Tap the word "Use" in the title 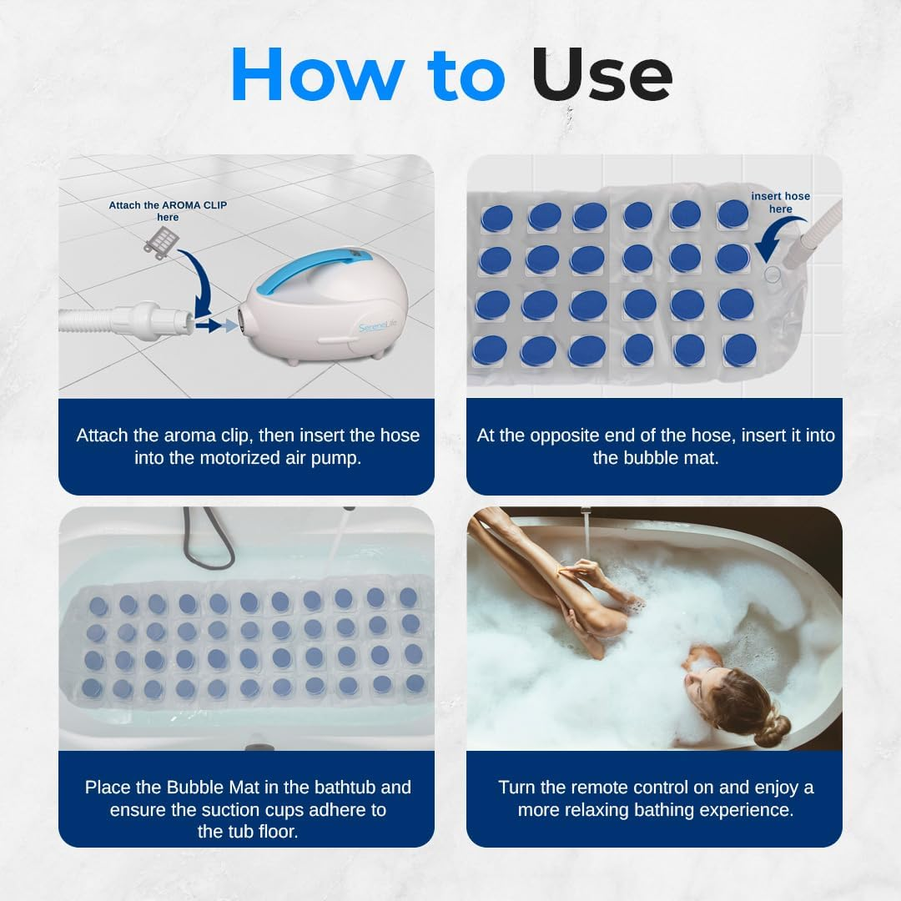pos(602,74)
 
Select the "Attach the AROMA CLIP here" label pos(168,211)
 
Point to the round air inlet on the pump pos(242,318)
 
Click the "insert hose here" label pos(780,203)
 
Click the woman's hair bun pos(771,729)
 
